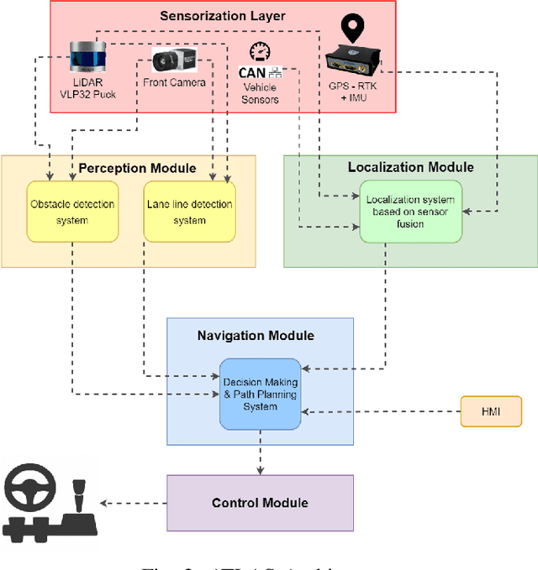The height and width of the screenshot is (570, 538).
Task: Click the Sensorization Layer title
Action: (223, 16)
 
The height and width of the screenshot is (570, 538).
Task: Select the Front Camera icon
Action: (175, 60)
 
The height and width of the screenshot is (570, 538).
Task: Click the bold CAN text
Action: (252, 74)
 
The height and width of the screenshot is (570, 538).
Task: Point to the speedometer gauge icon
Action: (260, 51)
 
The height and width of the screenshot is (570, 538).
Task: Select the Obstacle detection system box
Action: (72, 212)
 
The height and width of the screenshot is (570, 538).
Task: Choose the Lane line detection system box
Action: (189, 212)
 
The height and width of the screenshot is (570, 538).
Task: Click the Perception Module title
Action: (137, 168)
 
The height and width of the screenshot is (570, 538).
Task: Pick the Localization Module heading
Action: (410, 167)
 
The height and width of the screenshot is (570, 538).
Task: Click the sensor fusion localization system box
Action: (410, 211)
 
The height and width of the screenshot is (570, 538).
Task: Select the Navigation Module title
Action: (256, 336)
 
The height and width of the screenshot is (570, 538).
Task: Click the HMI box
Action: (491, 412)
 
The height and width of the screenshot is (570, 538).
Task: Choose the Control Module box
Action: (260, 503)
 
